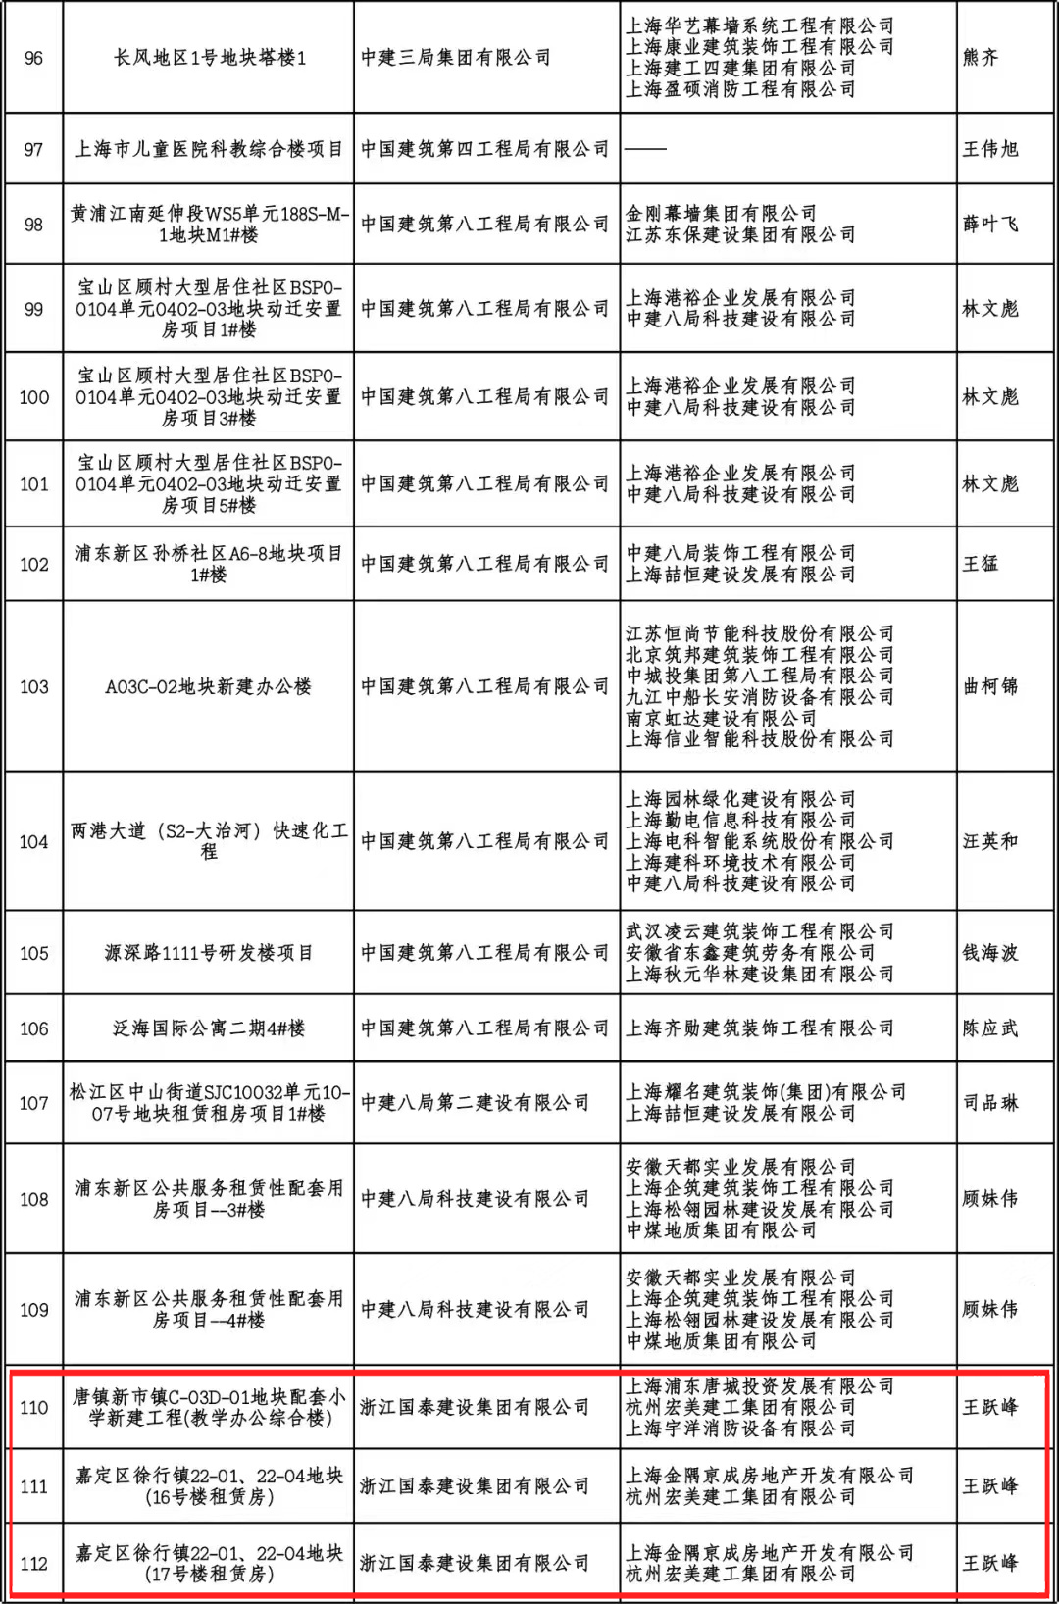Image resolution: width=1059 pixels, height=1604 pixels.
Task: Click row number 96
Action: pyautogui.click(x=33, y=58)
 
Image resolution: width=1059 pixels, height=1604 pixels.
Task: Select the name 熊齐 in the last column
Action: pyautogui.click(x=981, y=58)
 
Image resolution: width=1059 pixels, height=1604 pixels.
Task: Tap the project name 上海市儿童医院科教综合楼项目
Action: pyautogui.click(x=209, y=149)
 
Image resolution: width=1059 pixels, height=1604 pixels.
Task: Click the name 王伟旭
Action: pyautogui.click(x=990, y=149)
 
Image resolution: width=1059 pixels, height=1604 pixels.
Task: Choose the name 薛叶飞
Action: pyautogui.click(x=990, y=224)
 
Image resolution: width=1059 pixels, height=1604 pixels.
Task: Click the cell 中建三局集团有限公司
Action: pyautogui.click(x=456, y=58)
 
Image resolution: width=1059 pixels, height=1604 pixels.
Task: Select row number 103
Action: pyautogui.click(x=33, y=686)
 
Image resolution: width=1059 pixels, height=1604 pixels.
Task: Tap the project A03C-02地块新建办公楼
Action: pyautogui.click(x=209, y=686)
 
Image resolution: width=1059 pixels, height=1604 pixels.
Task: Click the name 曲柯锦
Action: pyautogui.click(x=990, y=686)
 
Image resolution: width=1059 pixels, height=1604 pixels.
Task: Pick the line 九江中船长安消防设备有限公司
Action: pyautogui.click(x=760, y=696)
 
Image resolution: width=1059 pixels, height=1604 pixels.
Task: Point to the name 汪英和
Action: pyautogui.click(x=990, y=841)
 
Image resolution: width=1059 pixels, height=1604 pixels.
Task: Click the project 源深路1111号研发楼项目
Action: pyautogui.click(x=209, y=953)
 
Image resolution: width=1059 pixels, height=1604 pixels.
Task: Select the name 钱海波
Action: pyautogui.click(x=990, y=953)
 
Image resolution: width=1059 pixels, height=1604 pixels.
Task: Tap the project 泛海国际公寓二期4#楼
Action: pyautogui.click(x=209, y=1028)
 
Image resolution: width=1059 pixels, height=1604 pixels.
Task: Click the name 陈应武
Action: pyautogui.click(x=990, y=1028)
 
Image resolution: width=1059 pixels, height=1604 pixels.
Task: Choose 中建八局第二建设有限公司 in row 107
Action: pyautogui.click(x=476, y=1103)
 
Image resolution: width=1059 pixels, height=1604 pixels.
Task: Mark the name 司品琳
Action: pyautogui.click(x=990, y=1103)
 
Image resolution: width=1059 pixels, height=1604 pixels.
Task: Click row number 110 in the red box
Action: pyautogui.click(x=33, y=1408)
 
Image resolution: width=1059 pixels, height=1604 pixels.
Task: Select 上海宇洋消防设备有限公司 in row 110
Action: pyautogui.click(x=740, y=1429)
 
